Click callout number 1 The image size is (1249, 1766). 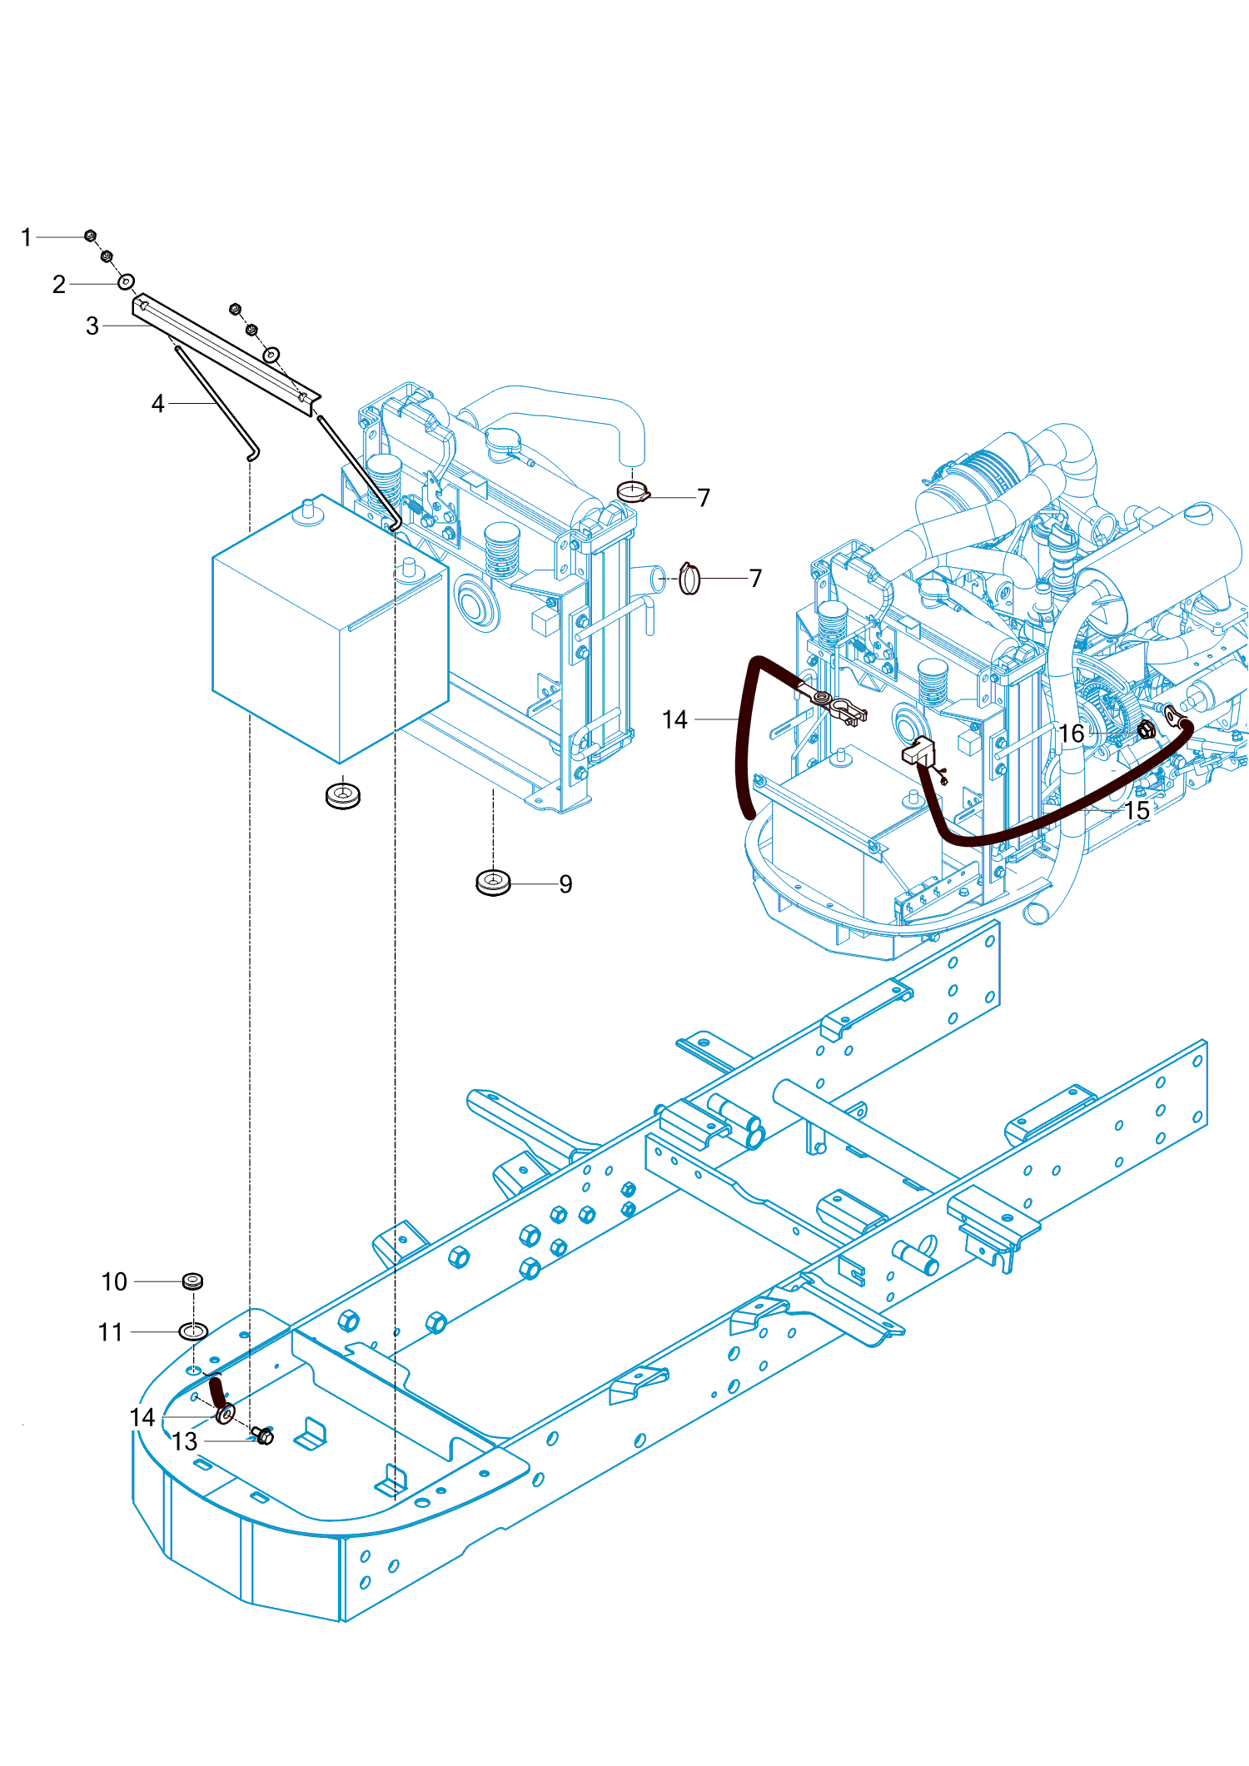click(x=27, y=238)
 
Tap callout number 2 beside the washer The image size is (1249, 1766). click(x=59, y=285)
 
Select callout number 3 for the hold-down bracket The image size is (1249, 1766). click(x=92, y=326)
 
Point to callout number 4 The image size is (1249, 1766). click(x=158, y=404)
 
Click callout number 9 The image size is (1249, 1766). click(x=566, y=884)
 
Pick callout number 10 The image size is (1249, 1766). click(x=115, y=1282)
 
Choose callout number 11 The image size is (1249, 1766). click(x=111, y=1333)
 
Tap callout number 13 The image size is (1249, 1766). click(x=185, y=1442)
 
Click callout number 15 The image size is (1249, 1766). click(x=1137, y=811)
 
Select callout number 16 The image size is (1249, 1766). click(x=1072, y=734)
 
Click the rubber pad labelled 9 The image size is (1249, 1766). click(x=493, y=883)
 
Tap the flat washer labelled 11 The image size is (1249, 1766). click(x=193, y=1331)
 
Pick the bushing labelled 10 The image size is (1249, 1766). click(x=192, y=1280)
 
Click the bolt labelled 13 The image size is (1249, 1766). click(x=263, y=1435)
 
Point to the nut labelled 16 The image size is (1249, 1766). click(x=1147, y=730)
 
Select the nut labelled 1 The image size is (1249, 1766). click(x=91, y=236)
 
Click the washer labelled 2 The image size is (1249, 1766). click(x=126, y=282)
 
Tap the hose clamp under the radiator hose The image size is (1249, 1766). click(x=633, y=492)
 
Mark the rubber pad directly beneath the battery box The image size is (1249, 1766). click(x=342, y=795)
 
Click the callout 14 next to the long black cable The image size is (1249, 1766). click(x=675, y=720)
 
